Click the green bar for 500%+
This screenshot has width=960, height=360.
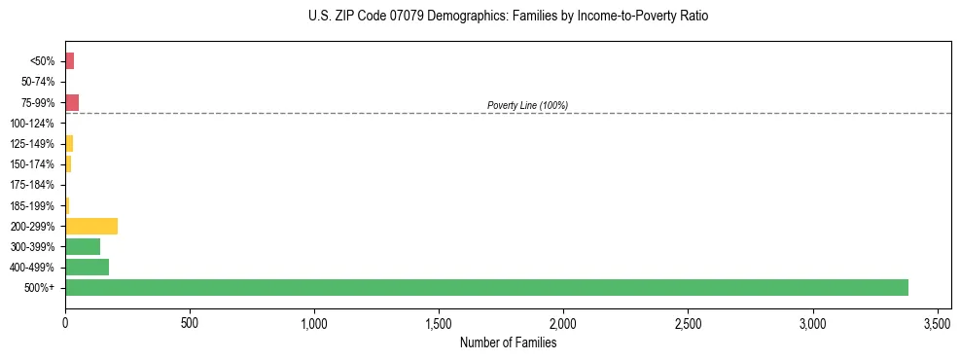(x=486, y=287)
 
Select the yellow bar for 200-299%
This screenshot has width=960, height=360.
(x=91, y=226)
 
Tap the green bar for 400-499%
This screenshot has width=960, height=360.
(x=87, y=267)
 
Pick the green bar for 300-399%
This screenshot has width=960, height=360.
(x=83, y=246)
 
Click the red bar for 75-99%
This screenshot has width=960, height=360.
(x=72, y=102)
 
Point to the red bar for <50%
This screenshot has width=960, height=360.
(x=70, y=61)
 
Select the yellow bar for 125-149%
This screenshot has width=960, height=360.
(x=69, y=143)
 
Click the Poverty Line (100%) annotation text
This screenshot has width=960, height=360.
(x=527, y=105)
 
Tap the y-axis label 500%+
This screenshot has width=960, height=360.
(x=40, y=288)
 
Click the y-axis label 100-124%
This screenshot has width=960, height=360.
(x=33, y=124)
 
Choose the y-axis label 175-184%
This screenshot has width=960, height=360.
(x=33, y=185)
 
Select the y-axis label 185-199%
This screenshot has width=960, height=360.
(x=33, y=205)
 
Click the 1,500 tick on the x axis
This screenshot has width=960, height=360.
(x=439, y=322)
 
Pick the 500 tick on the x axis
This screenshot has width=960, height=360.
(x=190, y=322)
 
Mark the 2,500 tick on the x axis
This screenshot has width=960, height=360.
(x=688, y=322)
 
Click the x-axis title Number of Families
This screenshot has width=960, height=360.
(x=508, y=342)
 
